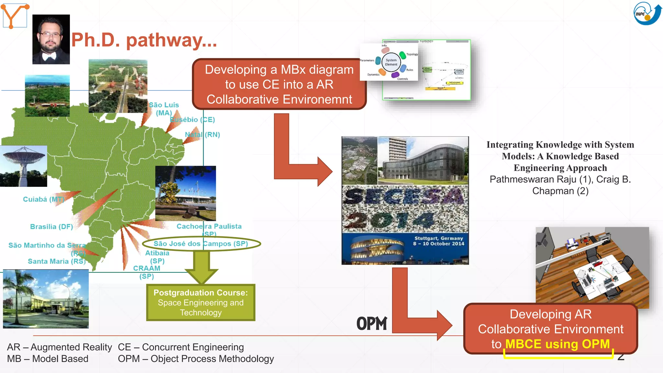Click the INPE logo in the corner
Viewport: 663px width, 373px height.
[647, 14]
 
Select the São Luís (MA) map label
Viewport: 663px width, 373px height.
[164, 109]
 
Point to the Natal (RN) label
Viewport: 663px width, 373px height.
[202, 134]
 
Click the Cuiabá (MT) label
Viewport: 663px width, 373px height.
[43, 199]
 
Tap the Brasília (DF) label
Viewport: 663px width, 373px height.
[51, 227]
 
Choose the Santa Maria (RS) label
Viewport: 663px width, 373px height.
[57, 261]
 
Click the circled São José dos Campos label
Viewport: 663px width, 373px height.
[201, 243]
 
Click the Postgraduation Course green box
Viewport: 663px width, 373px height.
[201, 302]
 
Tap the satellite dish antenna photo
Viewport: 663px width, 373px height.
[23, 166]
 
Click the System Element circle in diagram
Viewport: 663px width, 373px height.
[391, 62]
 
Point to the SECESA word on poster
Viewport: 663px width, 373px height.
[405, 197]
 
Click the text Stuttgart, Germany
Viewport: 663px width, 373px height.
[439, 238]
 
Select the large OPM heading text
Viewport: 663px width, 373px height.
[372, 323]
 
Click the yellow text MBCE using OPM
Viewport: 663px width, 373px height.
[557, 344]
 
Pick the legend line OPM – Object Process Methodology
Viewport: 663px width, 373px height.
[196, 359]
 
